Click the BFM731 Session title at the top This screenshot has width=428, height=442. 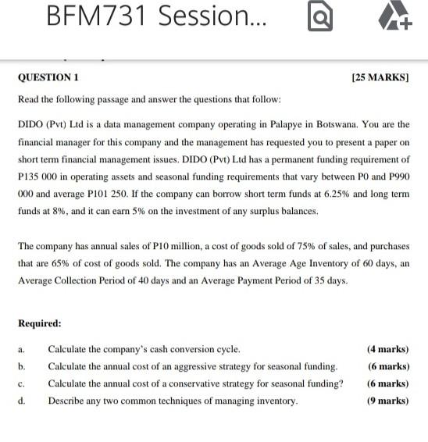155,16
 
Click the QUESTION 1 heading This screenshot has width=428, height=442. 48,78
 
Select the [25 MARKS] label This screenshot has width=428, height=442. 380,78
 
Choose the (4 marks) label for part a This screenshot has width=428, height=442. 387,350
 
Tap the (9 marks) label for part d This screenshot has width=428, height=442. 387,401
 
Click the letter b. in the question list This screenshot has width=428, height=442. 22,367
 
